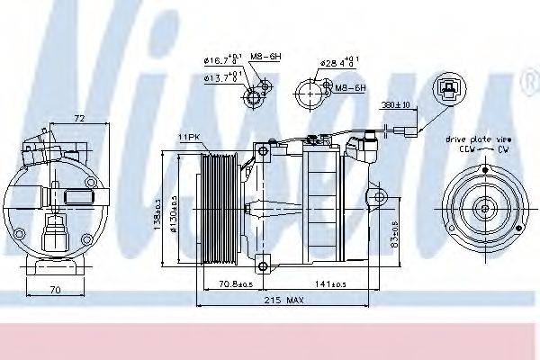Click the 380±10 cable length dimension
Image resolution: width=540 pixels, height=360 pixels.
coord(394,104)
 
